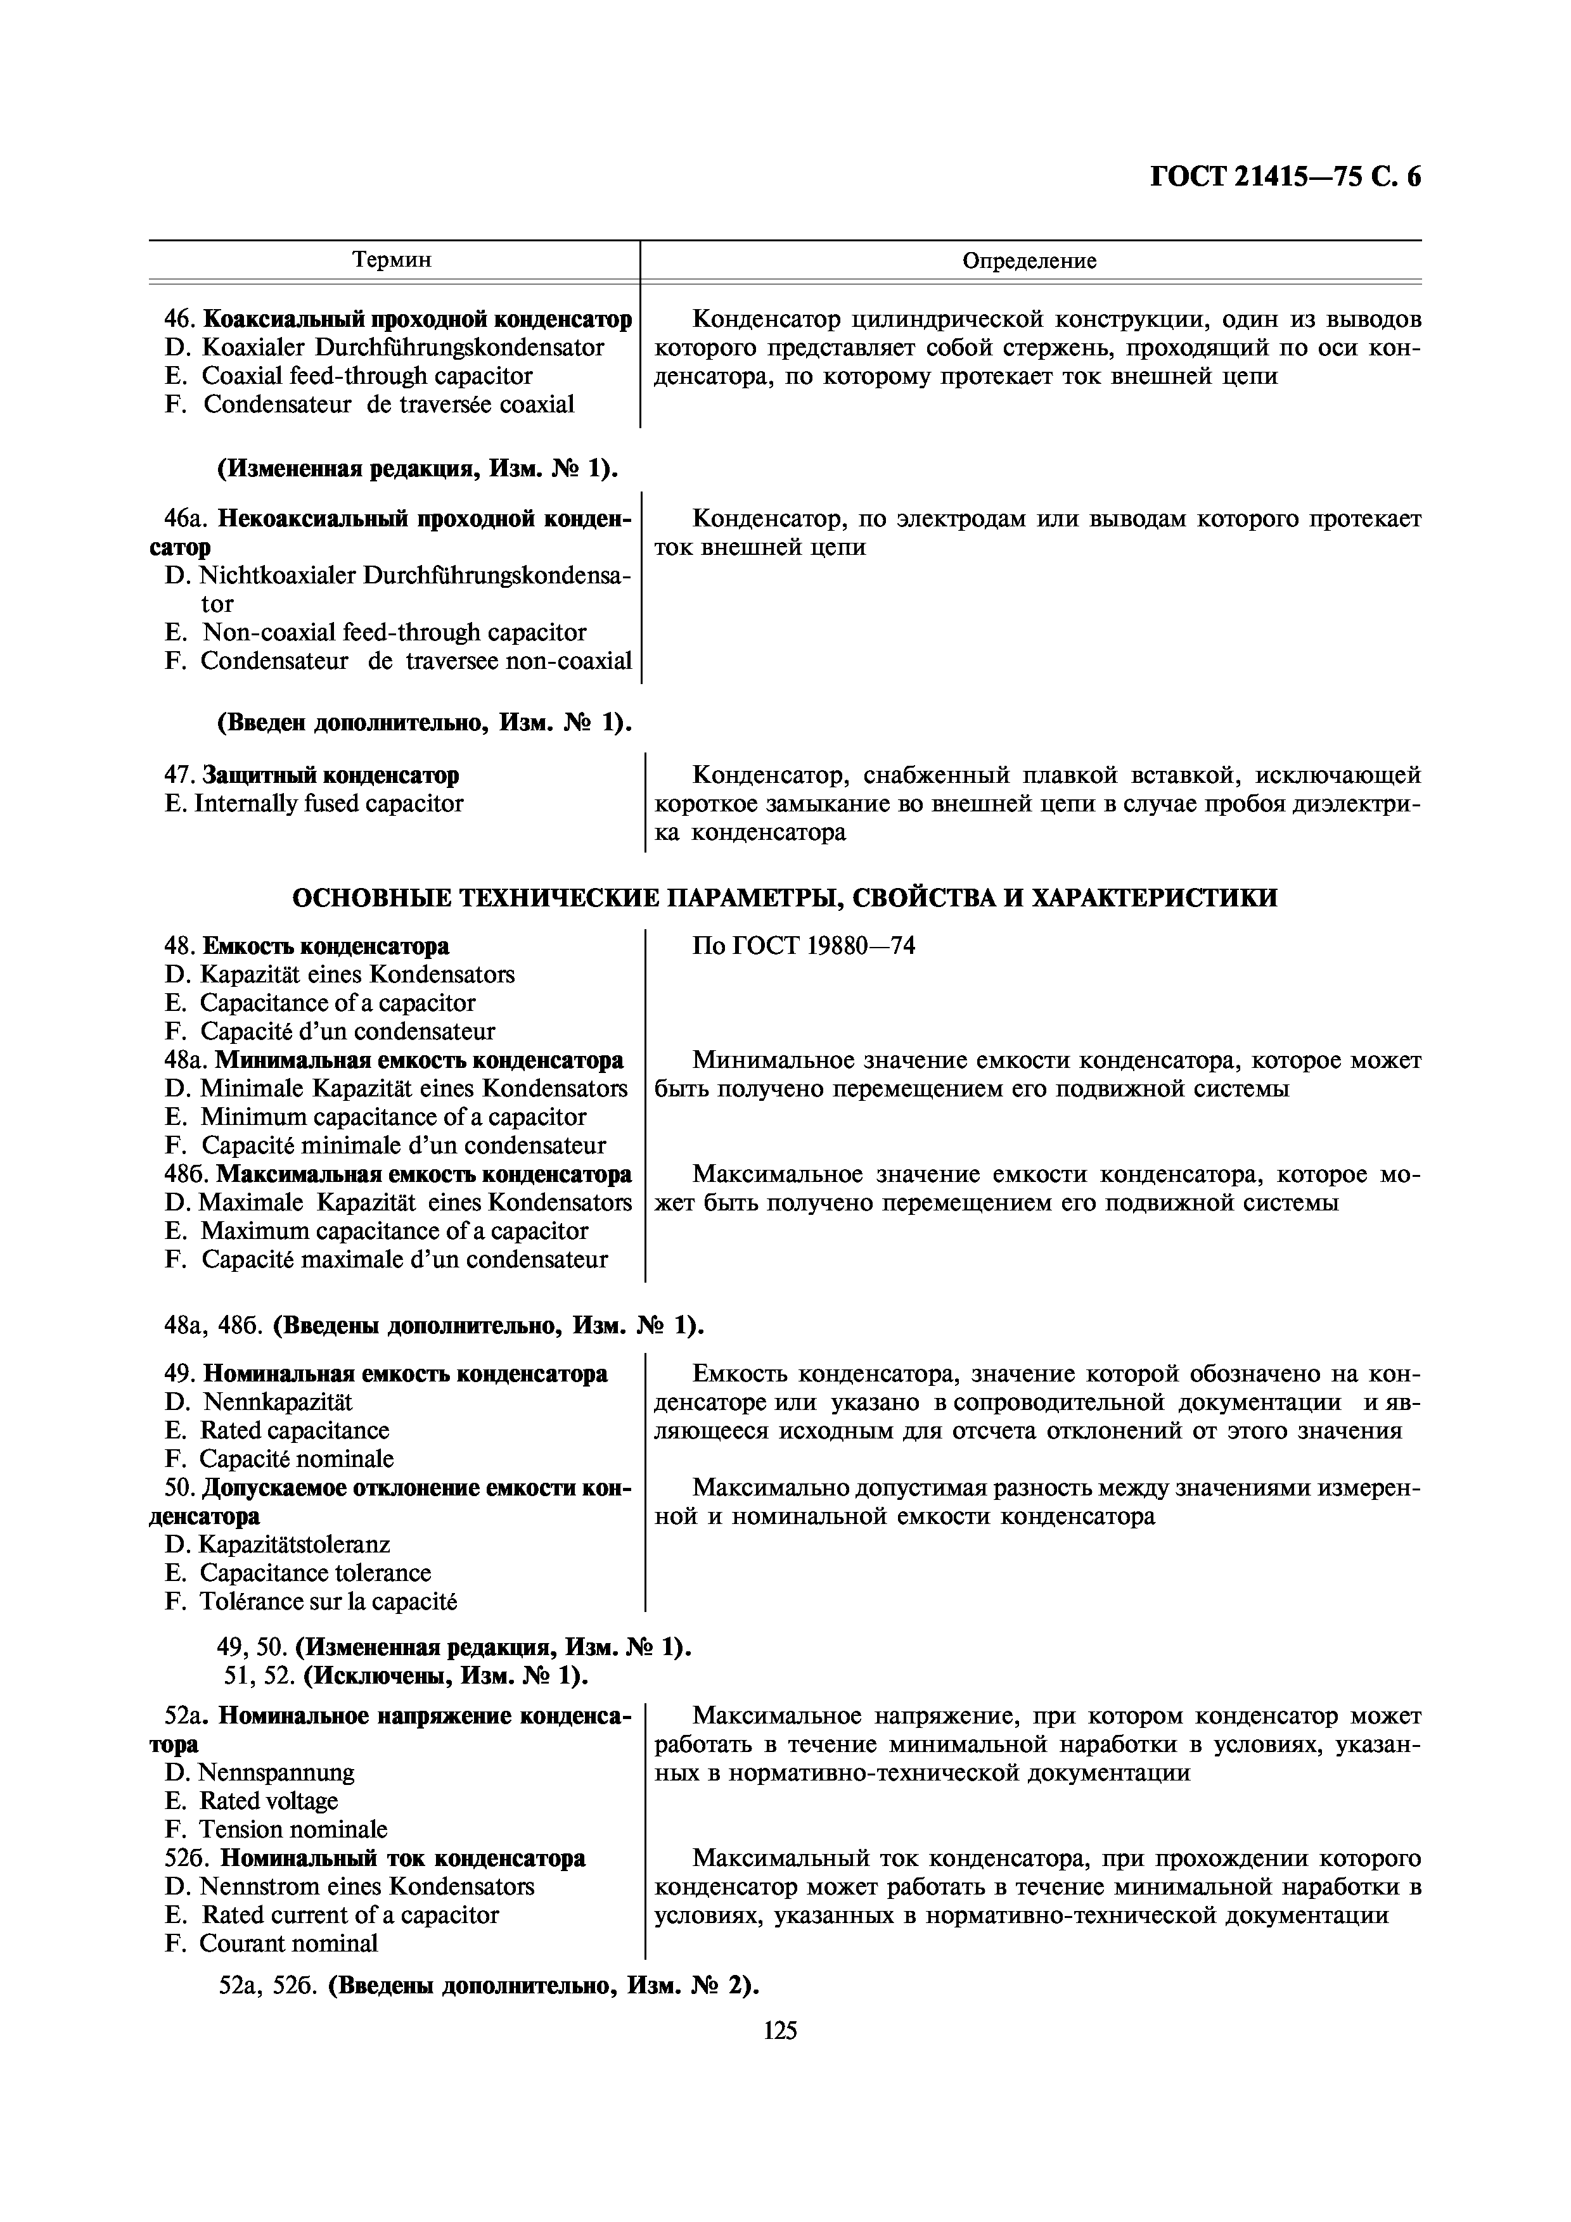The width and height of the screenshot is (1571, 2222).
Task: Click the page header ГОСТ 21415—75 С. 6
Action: click(x=1285, y=177)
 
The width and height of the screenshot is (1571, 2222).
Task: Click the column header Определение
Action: click(x=1029, y=260)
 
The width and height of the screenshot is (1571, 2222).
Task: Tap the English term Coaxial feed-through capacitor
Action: click(x=366, y=376)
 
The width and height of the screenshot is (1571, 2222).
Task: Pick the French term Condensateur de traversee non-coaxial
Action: click(x=415, y=661)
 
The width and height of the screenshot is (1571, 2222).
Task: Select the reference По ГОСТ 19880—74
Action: click(x=804, y=946)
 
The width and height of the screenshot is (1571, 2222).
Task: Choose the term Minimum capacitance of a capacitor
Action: click(x=392, y=1117)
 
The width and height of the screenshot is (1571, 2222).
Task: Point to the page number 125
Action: click(x=780, y=2030)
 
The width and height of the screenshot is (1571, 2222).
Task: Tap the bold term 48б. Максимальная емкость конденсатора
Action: click(x=423, y=1174)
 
